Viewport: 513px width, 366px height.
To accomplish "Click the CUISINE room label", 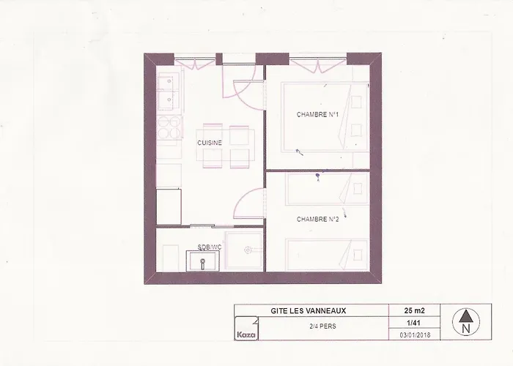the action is click(210, 143).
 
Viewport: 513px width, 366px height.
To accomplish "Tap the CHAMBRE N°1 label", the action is click(317, 114).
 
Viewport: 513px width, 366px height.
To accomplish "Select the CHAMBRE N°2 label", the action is click(317, 220).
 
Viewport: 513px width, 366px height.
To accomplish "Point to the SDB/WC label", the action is click(210, 247).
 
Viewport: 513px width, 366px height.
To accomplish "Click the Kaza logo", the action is click(246, 329).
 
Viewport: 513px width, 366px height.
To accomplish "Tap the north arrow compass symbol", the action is click(466, 321).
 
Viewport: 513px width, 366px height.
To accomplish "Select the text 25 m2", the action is click(415, 310).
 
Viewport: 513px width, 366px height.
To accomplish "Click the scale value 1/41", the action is click(413, 323).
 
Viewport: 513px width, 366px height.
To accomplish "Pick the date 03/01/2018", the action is click(415, 335).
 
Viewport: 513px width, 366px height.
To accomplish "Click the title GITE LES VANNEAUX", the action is click(309, 311).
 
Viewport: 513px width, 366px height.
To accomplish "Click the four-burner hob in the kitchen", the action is click(169, 127).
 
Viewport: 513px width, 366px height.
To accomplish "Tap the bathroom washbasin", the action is click(203, 261).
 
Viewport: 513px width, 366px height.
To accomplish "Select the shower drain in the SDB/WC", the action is click(248, 250).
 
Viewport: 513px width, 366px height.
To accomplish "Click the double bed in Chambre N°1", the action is click(325, 117).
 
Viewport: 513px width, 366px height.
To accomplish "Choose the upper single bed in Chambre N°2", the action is click(327, 189).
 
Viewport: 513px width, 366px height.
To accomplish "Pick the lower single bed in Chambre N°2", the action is click(327, 255).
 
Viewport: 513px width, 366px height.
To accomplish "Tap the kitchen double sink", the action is click(169, 91).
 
